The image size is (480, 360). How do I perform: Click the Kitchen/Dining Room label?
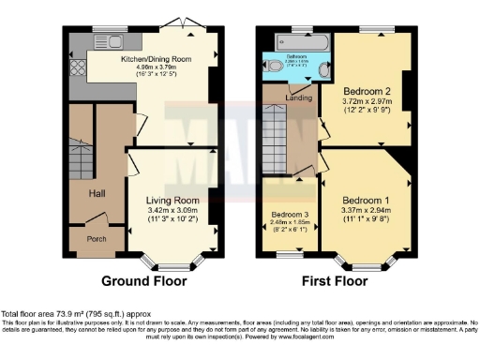click(x=156, y=58)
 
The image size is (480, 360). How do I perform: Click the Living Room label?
click(x=172, y=200)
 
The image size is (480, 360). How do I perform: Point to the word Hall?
click(x=97, y=193)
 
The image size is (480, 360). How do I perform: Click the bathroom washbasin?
click(x=324, y=68)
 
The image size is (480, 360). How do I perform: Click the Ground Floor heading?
click(x=143, y=280)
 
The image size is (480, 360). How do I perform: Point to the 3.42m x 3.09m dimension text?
click(x=172, y=211)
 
